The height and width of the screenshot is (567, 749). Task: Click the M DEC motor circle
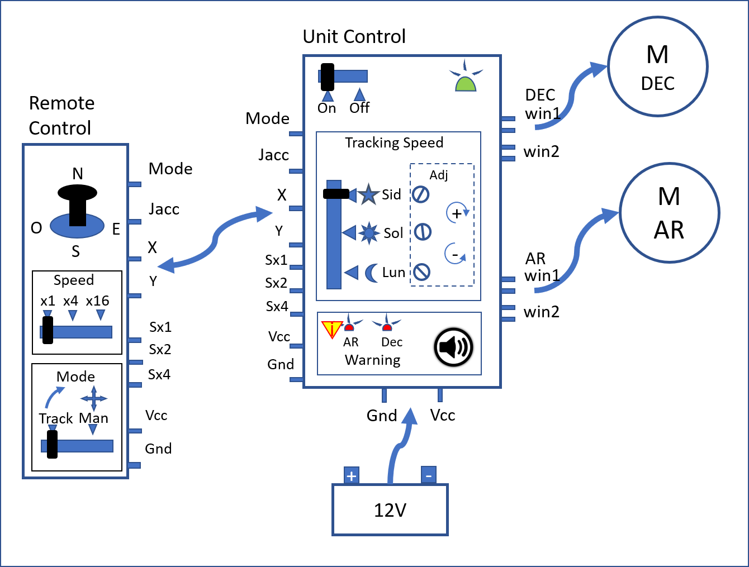coord(657,66)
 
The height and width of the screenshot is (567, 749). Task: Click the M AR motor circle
coord(669,213)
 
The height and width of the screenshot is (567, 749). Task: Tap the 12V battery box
coord(390,509)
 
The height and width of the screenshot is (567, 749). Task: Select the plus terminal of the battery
coord(351,476)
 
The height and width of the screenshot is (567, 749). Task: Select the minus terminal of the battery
coord(428,476)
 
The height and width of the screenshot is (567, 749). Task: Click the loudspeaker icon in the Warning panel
coord(453,347)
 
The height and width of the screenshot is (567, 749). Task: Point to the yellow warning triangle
coord(331,329)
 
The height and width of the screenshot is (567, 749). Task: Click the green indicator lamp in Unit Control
coord(465,83)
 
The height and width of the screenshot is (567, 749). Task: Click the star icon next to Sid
coord(368,194)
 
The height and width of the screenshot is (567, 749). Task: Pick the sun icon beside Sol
coord(369,232)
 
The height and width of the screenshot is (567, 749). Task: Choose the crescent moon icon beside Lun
coord(371,273)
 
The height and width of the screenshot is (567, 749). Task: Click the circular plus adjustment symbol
coord(457,213)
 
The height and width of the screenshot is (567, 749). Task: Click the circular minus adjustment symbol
coord(455,254)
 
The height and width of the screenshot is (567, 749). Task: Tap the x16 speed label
coord(98,301)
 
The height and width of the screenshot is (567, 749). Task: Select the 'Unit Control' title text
coord(354,37)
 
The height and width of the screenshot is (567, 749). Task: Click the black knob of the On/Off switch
coord(327,77)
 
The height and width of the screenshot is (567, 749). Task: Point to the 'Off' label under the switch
coord(359,108)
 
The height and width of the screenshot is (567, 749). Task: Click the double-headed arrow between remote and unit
coord(215,240)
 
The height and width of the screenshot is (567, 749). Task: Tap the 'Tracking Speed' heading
coord(394,143)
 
